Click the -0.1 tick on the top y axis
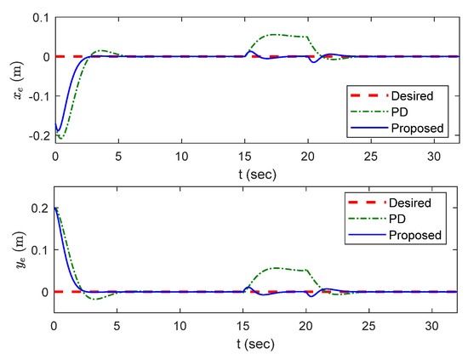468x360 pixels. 36,96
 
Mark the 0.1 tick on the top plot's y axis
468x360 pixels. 39,16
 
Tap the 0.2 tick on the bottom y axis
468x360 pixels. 39,208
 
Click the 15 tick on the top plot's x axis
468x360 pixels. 244,157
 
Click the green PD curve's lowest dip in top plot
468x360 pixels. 60,138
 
